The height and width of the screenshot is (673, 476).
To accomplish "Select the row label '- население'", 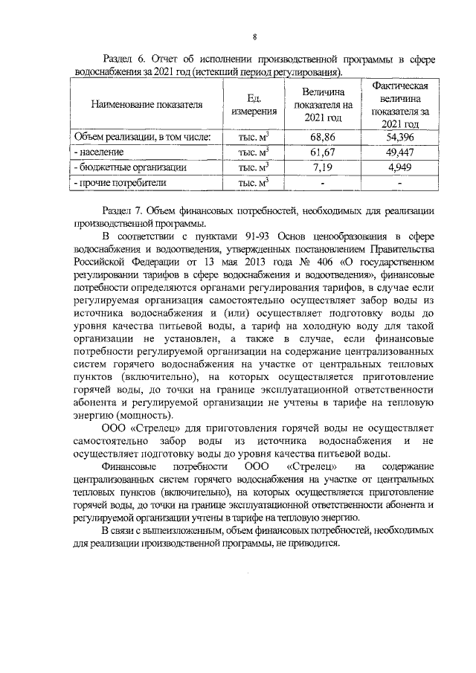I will (x=97, y=152).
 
